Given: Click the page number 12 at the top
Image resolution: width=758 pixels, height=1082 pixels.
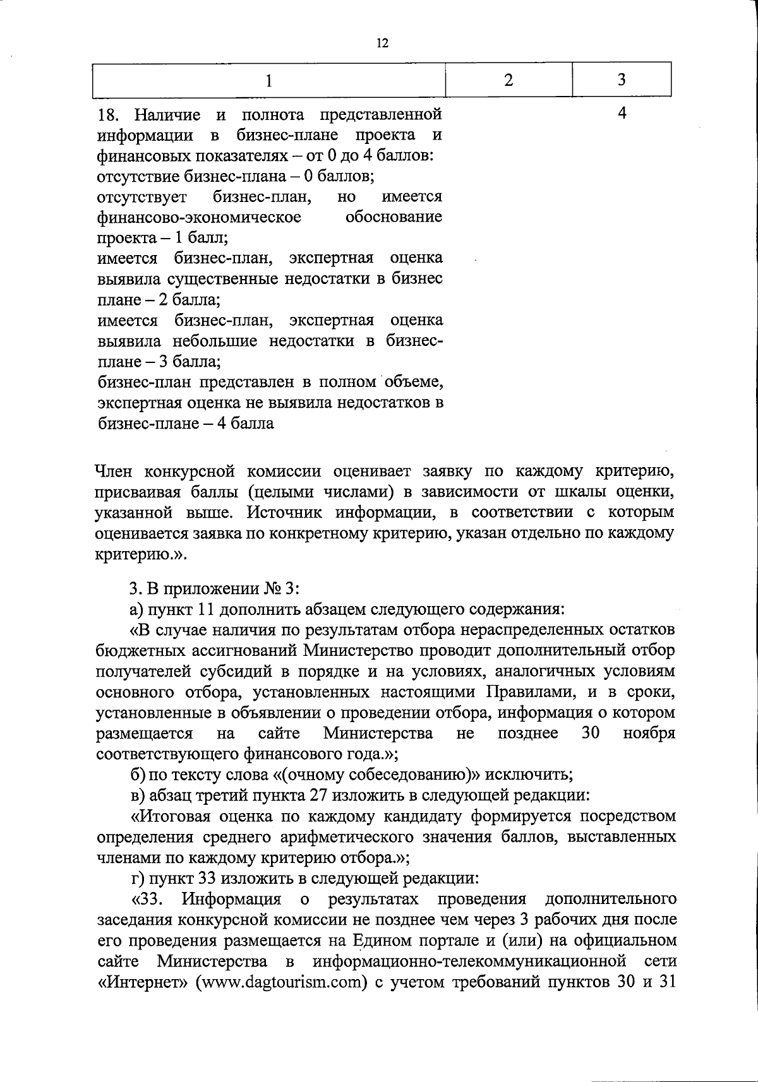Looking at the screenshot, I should point(382,43).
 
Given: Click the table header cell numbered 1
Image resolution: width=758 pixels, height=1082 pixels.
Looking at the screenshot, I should point(269,81).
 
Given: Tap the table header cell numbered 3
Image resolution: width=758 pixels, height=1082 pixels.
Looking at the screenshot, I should point(622,80).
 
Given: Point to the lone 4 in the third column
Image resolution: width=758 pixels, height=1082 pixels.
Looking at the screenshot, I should point(622,114).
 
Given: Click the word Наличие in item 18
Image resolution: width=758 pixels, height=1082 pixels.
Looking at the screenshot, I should point(167,115).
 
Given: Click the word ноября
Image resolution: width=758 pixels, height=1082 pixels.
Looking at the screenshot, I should point(649,734).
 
